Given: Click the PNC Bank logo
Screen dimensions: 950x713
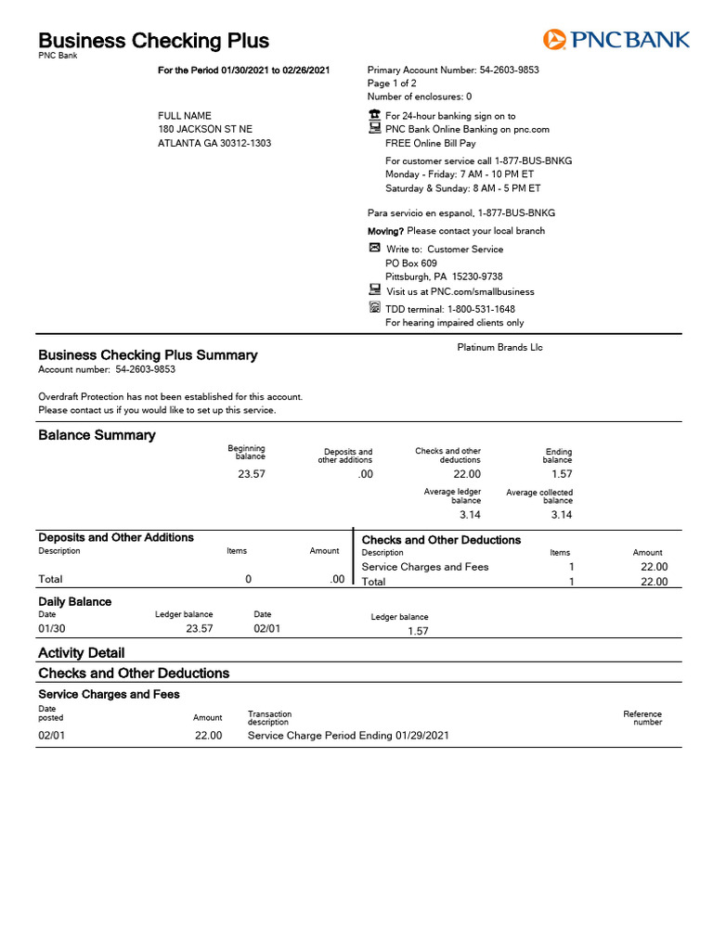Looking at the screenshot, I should pyautogui.click(x=616, y=39).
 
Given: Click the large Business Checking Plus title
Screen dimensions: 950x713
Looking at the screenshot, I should pyautogui.click(x=153, y=41).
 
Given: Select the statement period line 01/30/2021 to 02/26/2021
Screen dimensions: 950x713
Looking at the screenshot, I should pyautogui.click(x=244, y=71).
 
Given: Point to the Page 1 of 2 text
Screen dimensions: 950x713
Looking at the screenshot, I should pyautogui.click(x=392, y=83).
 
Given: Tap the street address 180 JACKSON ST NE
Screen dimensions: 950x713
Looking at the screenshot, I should pyautogui.click(x=204, y=129).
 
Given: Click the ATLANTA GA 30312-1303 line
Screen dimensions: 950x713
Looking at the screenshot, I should pyautogui.click(x=214, y=144).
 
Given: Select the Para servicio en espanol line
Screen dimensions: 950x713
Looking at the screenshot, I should pyautogui.click(x=461, y=212).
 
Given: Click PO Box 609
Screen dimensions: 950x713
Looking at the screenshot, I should pyautogui.click(x=410, y=263).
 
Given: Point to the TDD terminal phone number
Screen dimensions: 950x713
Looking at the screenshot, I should pyautogui.click(x=481, y=309).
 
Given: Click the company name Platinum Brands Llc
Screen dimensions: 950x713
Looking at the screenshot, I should pyautogui.click(x=499, y=348).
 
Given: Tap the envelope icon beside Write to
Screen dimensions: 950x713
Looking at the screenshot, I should pyautogui.click(x=374, y=249).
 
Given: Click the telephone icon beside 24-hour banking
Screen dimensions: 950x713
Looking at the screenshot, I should pyautogui.click(x=374, y=115).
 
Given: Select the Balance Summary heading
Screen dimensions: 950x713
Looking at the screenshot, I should pyautogui.click(x=97, y=435).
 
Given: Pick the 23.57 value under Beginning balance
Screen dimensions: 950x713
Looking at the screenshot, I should pyautogui.click(x=251, y=474).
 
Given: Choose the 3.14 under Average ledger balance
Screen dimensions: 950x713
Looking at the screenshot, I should pyautogui.click(x=470, y=514).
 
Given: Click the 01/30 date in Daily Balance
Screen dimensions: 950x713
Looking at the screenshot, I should pyautogui.click(x=49, y=628).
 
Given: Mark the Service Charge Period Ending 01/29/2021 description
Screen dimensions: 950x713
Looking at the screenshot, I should pyautogui.click(x=348, y=735).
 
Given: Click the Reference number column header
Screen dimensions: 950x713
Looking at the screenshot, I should pyautogui.click(x=642, y=718).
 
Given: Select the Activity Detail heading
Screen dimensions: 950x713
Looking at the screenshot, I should pyautogui.click(x=81, y=652).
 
